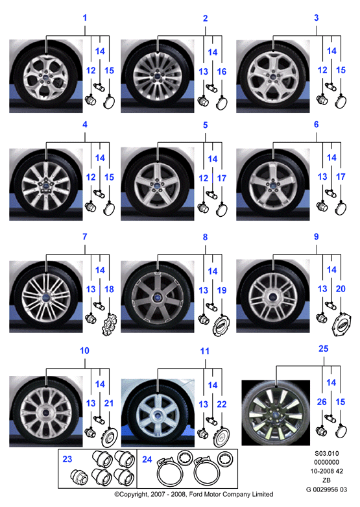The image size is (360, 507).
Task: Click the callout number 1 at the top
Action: (85, 18)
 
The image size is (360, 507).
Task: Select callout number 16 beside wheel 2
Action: (222, 71)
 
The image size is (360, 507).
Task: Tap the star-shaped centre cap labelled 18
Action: (109, 324)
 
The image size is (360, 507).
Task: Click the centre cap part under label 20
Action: (342, 325)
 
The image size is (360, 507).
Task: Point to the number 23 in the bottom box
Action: (67, 459)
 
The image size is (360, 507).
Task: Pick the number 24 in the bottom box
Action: (147, 459)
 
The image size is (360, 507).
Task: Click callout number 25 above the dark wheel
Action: (323, 349)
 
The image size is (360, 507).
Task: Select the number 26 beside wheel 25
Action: (322, 402)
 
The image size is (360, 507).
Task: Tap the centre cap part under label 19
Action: (222, 325)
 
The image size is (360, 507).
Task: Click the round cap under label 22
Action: (222, 437)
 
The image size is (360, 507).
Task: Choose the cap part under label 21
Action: (110, 437)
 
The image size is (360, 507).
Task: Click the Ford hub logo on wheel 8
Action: (158, 297)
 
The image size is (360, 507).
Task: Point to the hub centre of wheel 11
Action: (158, 415)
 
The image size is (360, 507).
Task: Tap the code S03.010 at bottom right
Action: (327, 453)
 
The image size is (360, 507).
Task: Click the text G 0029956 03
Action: (326, 489)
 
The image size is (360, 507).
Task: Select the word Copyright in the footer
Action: (133, 495)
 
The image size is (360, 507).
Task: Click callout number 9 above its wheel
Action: (317, 237)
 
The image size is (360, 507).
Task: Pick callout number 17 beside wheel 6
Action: (341, 177)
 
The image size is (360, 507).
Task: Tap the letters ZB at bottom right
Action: (327, 480)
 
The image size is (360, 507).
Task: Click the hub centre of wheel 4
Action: (46, 186)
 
